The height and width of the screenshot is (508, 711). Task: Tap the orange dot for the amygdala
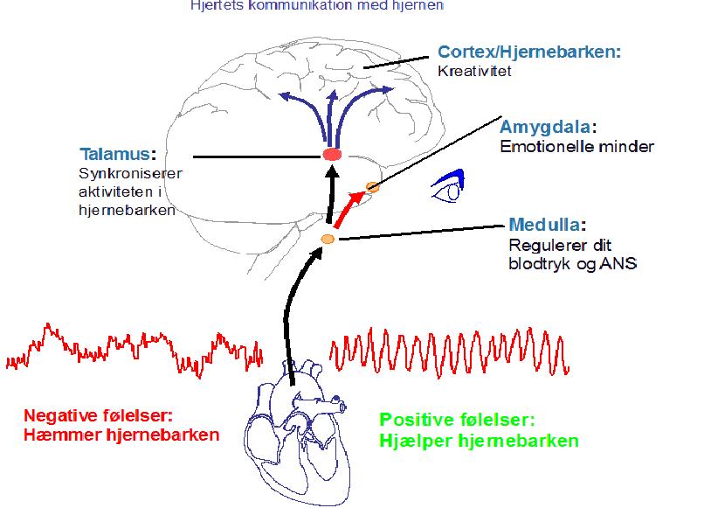click(372, 186)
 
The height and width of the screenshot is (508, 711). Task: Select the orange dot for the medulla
click(328, 239)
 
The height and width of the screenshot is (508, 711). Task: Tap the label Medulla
click(546, 225)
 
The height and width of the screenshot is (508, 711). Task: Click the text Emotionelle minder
click(576, 146)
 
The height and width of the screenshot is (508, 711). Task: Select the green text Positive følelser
click(457, 420)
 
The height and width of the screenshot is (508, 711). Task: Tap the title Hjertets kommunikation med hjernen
click(317, 5)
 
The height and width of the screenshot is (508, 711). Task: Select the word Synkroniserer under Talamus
click(130, 173)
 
